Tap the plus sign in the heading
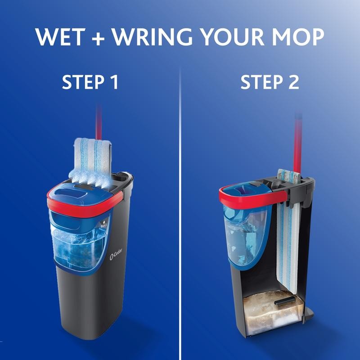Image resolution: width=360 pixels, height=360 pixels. (98, 38)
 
